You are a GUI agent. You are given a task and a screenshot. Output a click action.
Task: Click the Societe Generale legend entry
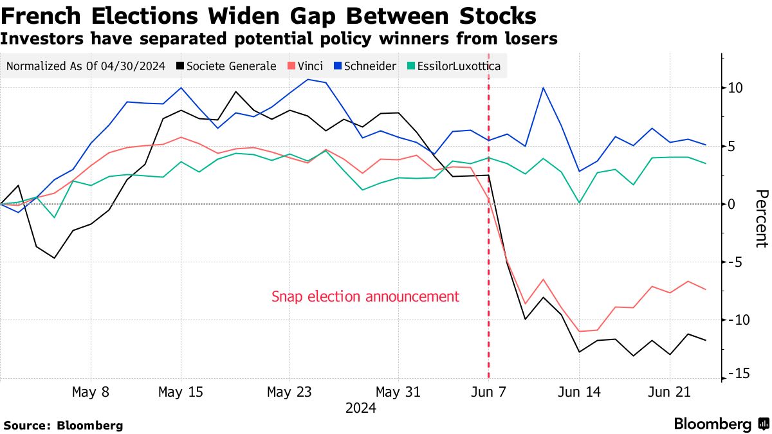coord(230,66)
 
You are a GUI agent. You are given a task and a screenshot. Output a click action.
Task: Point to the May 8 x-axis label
coord(91,392)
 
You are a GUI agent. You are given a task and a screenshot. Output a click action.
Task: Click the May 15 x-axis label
coord(181,392)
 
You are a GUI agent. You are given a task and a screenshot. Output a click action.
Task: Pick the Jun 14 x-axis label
coord(579,392)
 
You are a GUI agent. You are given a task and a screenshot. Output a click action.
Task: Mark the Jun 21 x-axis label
coord(669,392)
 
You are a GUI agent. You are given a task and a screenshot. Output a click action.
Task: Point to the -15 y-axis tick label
coord(734,374)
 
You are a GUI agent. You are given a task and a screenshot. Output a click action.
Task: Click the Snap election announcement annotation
coord(365,297)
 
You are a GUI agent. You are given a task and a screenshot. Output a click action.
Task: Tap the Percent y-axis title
coord(761,219)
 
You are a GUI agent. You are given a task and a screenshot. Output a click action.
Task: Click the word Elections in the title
coord(139,15)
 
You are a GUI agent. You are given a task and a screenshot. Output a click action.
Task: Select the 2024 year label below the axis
coord(361,408)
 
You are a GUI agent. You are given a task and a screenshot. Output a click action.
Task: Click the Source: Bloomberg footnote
coord(63,425)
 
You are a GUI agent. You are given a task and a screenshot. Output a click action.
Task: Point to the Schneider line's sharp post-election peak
coord(544,87)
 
